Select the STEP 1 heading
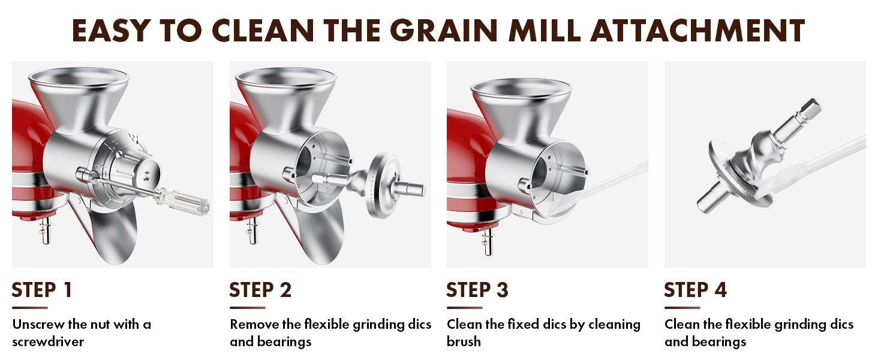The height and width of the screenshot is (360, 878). pyautogui.click(x=42, y=290)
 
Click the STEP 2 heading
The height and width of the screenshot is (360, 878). pyautogui.click(x=260, y=290)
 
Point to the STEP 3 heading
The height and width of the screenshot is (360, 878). pyautogui.click(x=477, y=290)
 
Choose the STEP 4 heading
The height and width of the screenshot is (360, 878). pyautogui.click(x=695, y=290)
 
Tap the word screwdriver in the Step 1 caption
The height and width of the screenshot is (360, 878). pyautogui.click(x=48, y=342)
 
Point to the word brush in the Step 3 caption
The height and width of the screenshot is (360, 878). pyautogui.click(x=464, y=342)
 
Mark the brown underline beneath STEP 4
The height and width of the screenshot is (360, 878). pyautogui.click(x=682, y=308)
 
